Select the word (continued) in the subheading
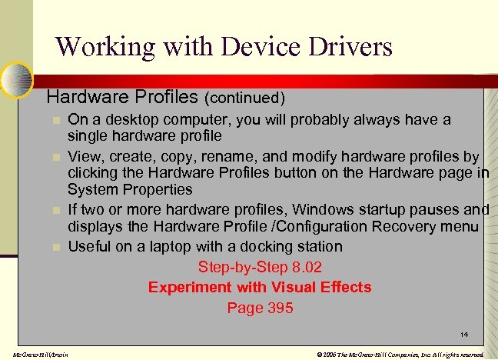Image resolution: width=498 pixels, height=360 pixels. pos(246,98)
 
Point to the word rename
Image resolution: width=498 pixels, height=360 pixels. pos(227,157)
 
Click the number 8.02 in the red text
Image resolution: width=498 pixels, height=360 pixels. pos(304,267)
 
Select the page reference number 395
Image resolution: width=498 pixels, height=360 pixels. pos(280,308)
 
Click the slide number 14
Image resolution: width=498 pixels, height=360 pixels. pos(463,334)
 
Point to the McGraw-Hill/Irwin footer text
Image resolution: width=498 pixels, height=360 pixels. pos(35,355)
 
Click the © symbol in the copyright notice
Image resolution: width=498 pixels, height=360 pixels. pos(319,355)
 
